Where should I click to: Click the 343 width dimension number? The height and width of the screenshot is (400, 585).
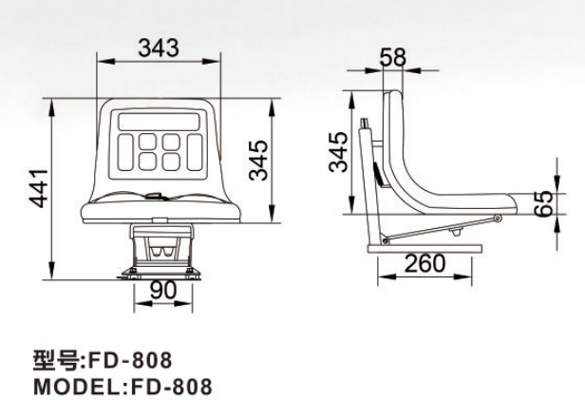pyautogui.click(x=159, y=48)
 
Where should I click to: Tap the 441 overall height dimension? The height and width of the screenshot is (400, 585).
pyautogui.click(x=39, y=188)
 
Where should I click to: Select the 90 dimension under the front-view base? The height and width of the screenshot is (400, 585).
pyautogui.click(x=163, y=291)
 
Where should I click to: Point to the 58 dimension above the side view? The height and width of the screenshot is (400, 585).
pyautogui.click(x=392, y=57)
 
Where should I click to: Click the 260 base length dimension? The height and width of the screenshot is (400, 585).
pyautogui.click(x=425, y=263)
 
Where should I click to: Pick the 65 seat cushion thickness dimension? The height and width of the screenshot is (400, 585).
pyautogui.click(x=543, y=203)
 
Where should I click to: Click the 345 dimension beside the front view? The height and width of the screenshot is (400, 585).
pyautogui.click(x=258, y=161)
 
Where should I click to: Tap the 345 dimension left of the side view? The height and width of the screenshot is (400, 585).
pyautogui.click(x=338, y=152)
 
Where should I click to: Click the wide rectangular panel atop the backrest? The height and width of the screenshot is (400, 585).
pyautogui.click(x=159, y=122)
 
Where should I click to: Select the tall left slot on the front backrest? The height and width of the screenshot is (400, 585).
pyautogui.click(x=125, y=152)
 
